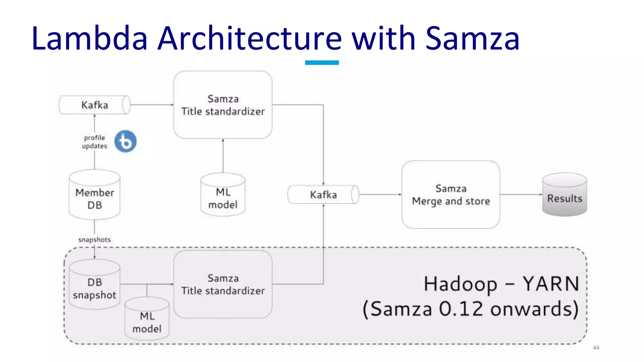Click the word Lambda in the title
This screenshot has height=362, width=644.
click(89, 38)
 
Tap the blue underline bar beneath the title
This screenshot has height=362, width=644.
click(322, 63)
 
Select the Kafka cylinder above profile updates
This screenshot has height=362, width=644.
click(94, 105)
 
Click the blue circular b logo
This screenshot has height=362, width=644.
click(125, 141)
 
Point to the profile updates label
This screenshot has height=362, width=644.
click(94, 142)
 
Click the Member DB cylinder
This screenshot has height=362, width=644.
click(94, 195)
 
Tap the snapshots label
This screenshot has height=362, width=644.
click(94, 240)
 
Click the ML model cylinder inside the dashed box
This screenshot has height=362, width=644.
click(147, 319)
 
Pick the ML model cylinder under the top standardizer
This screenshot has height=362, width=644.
click(223, 195)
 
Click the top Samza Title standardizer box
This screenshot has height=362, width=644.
click(223, 105)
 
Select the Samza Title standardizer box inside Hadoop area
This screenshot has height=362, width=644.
click(223, 284)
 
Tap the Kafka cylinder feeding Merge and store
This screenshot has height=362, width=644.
click(323, 195)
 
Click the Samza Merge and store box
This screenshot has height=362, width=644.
click(451, 195)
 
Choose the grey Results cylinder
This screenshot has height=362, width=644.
click(564, 195)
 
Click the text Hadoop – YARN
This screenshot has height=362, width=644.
click(501, 284)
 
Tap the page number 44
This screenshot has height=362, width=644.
click(596, 348)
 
